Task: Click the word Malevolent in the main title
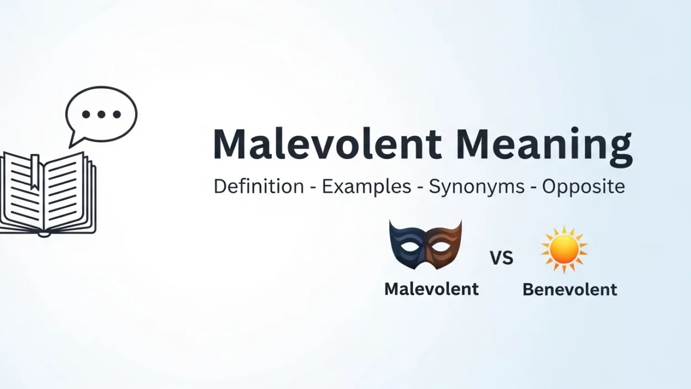click(x=327, y=145)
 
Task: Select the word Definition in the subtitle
click(x=259, y=186)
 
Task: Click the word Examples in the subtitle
click(x=367, y=186)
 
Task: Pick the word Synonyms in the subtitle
click(x=477, y=187)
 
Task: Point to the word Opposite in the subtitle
click(x=584, y=186)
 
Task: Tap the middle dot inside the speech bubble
click(x=101, y=115)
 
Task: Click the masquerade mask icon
click(x=425, y=244)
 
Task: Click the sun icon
click(x=564, y=249)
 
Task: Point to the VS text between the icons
click(x=502, y=258)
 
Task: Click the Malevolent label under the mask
click(x=431, y=289)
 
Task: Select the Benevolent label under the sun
click(x=570, y=289)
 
